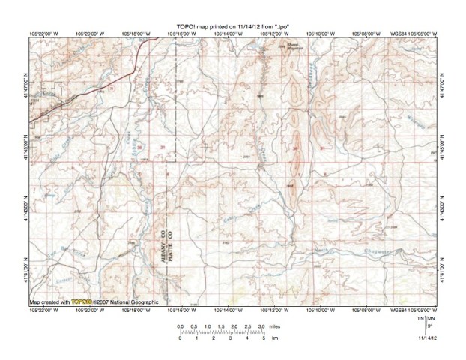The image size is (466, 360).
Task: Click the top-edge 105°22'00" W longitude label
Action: point(44,33)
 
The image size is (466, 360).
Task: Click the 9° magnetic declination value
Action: point(429,326)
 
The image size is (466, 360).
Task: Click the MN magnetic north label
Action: point(432,319)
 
